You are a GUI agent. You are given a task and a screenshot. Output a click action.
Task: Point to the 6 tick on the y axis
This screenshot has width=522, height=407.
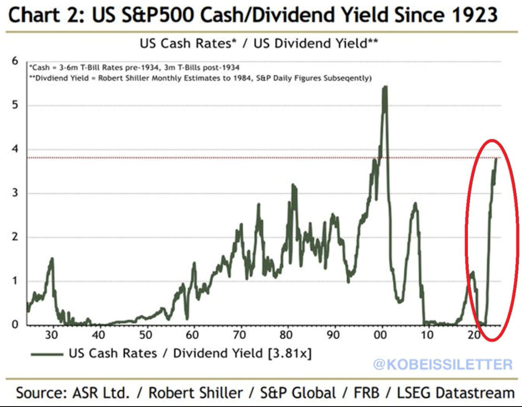click(x=16, y=61)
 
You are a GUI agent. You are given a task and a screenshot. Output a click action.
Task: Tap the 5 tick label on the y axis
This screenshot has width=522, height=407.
click(x=16, y=106)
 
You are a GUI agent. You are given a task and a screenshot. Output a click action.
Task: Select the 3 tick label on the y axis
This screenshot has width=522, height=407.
click(x=16, y=193)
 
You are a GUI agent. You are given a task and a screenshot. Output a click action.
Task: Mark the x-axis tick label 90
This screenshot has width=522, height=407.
click(x=335, y=335)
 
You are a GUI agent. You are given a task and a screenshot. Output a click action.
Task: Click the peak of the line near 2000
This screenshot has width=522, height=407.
click(x=385, y=87)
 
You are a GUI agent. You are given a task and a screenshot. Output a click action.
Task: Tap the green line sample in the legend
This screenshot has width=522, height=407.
click(x=47, y=354)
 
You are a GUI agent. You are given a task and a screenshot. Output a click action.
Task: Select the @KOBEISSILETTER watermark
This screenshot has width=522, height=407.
click(x=442, y=364)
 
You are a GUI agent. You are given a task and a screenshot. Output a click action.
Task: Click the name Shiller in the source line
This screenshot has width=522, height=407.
click(x=217, y=393)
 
